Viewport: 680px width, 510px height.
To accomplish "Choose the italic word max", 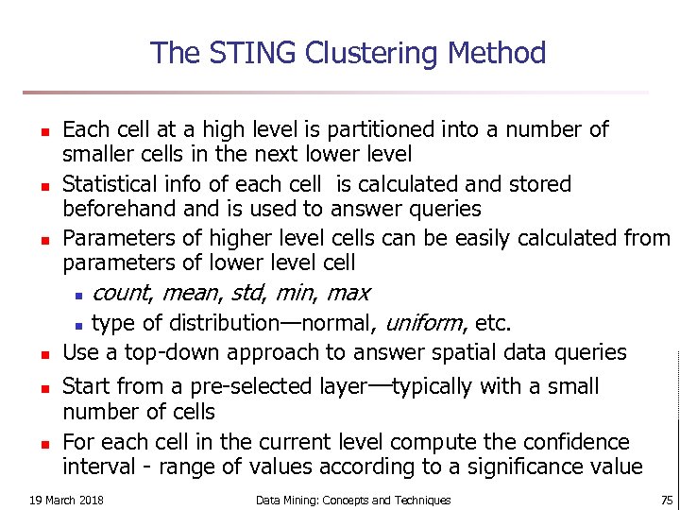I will (348, 293).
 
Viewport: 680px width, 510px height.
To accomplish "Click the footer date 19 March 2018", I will (67, 500).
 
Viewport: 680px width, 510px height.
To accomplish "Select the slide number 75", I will (667, 500).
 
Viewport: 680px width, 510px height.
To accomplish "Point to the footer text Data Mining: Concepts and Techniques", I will (353, 500).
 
